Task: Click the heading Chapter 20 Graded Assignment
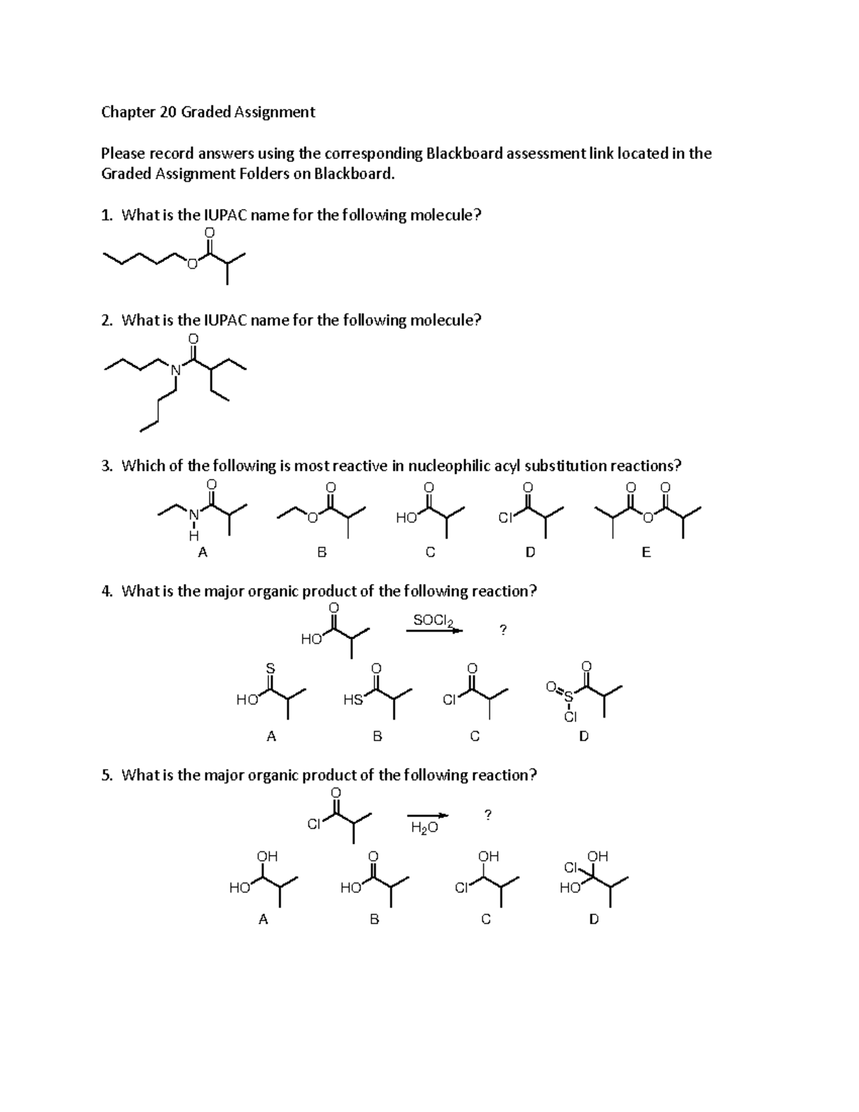pyautogui.click(x=208, y=112)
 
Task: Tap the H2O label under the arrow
pyautogui.click(x=424, y=828)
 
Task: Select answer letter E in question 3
pyautogui.click(x=646, y=552)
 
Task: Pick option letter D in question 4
pyautogui.click(x=583, y=735)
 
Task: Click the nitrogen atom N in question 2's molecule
pyautogui.click(x=175, y=369)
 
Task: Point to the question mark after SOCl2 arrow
pyautogui.click(x=503, y=630)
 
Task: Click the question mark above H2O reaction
pyautogui.click(x=488, y=814)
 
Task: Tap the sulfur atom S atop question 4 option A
pyautogui.click(x=270, y=667)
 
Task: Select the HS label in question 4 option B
pyautogui.click(x=352, y=700)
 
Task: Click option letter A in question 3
pyautogui.click(x=203, y=552)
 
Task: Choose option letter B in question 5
pyautogui.click(x=374, y=919)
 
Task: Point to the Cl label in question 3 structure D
pyautogui.click(x=505, y=518)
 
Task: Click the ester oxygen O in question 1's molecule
pyautogui.click(x=192, y=265)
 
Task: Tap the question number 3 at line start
pyautogui.click(x=106, y=466)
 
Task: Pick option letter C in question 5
pyautogui.click(x=486, y=919)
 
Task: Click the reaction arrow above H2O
pyautogui.click(x=428, y=816)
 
